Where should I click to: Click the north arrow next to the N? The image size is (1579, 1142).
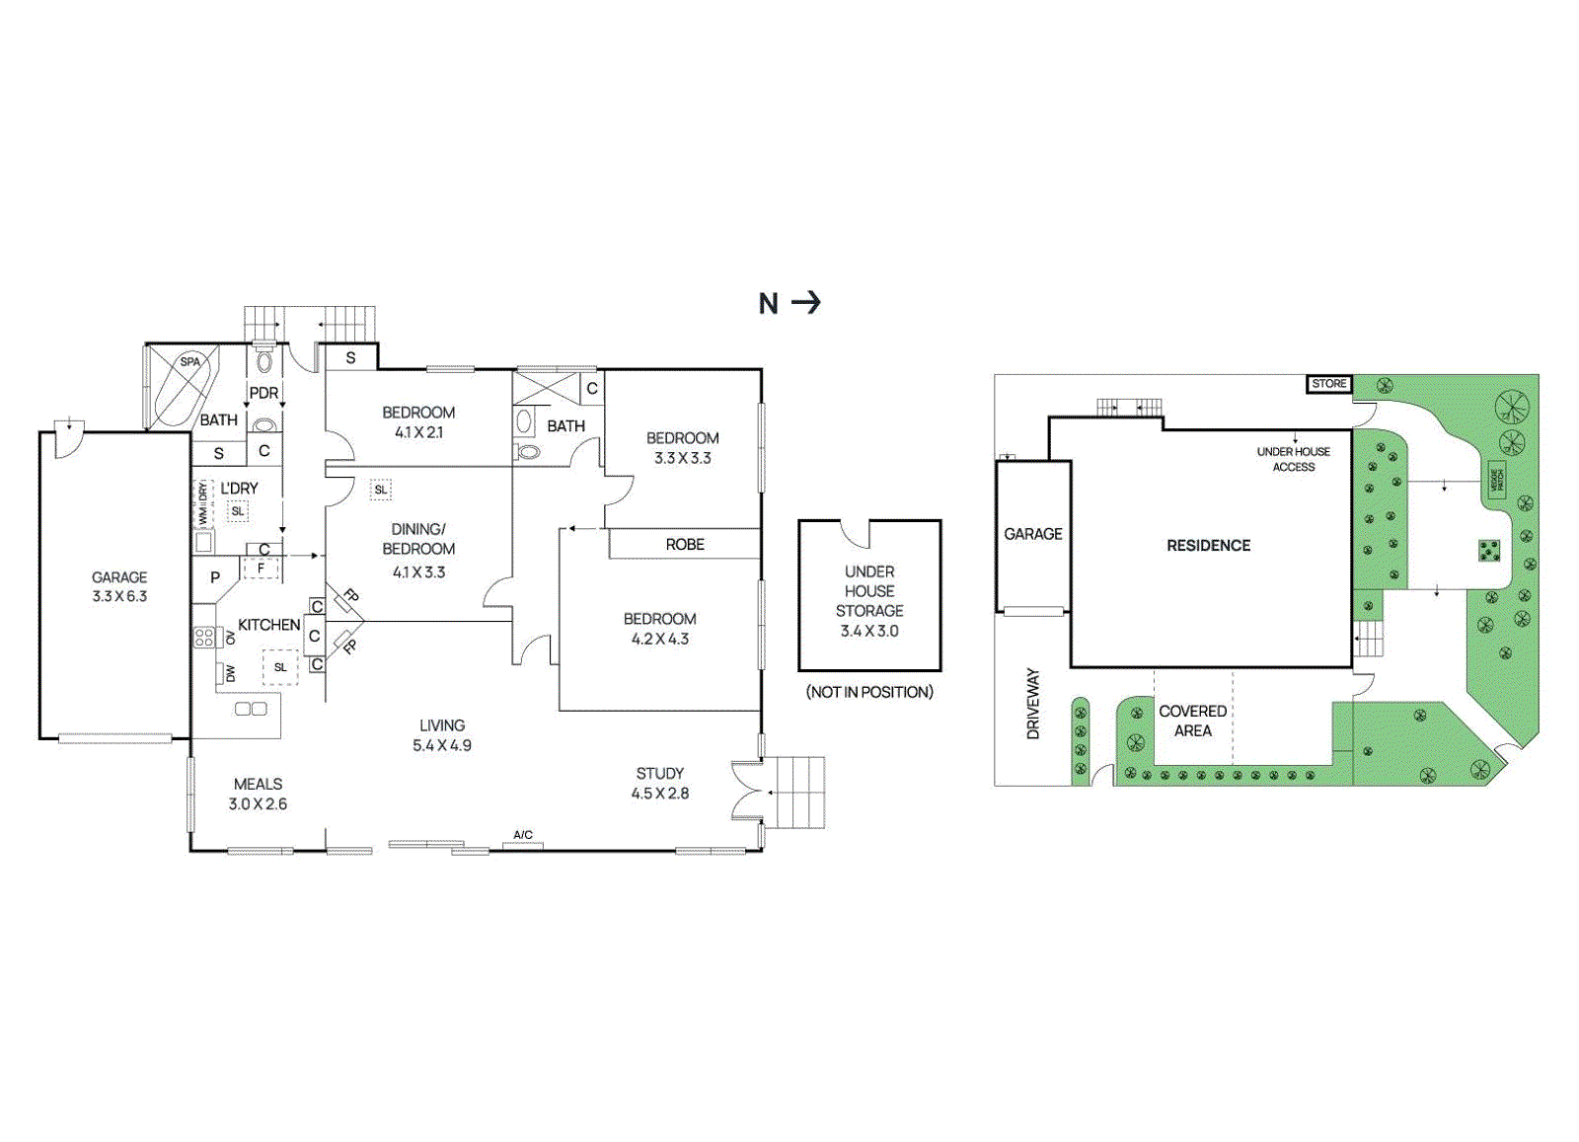point(806,302)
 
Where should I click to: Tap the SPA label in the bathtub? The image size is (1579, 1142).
point(189,362)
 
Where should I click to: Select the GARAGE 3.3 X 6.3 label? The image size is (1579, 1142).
point(119,586)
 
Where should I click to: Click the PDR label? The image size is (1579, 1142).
point(263,393)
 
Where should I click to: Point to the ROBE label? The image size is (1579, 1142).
point(685,545)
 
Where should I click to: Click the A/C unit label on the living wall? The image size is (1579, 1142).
point(523,836)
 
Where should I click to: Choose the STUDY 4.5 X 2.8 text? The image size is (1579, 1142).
point(660,783)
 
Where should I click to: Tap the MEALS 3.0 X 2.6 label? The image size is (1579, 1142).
point(258,794)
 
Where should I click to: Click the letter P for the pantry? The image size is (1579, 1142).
point(215,578)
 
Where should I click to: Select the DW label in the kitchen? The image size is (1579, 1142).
point(230,673)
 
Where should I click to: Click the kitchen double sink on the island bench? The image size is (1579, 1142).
point(251,709)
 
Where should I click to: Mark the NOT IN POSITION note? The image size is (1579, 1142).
point(869,692)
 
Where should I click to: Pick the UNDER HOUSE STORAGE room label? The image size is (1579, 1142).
point(869,600)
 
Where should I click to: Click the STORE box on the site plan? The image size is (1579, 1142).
point(1329,384)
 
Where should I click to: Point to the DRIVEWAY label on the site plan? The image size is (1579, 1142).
point(1033,704)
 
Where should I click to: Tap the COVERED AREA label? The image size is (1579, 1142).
point(1193,721)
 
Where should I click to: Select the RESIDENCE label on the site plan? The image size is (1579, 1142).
point(1208,546)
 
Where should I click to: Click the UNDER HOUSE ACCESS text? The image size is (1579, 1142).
point(1293,459)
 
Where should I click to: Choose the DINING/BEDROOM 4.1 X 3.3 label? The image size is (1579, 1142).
point(418,550)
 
